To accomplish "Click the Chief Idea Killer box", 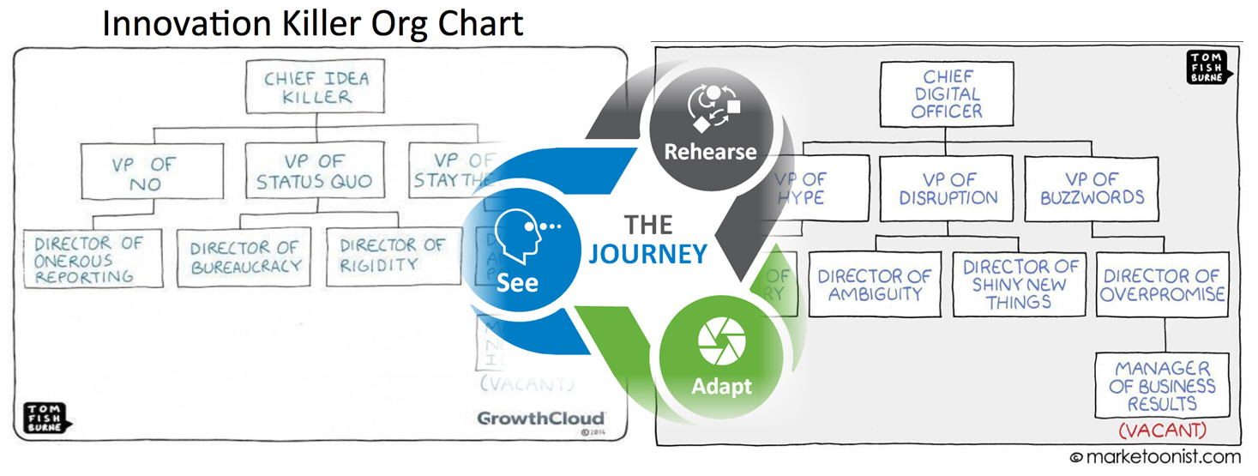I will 316,87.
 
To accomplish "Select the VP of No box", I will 153,172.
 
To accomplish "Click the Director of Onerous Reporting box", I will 93,259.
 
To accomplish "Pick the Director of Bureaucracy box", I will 245,257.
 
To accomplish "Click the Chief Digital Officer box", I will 948,94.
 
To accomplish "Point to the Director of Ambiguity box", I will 874,285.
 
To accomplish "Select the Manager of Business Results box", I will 1162,386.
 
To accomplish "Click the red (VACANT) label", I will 1162,429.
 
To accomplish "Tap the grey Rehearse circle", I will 711,129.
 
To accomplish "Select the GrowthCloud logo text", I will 540,418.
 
